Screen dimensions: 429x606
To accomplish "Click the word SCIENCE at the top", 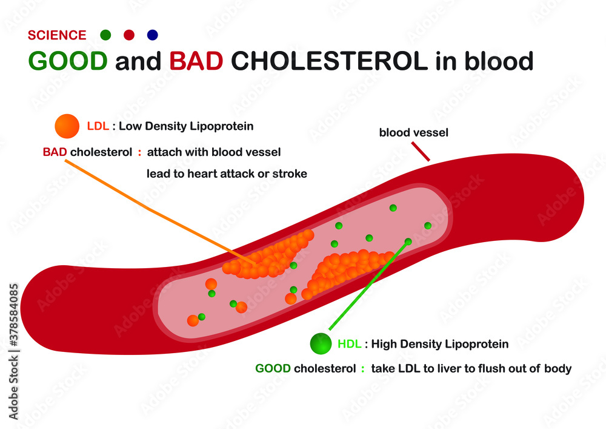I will tap(58, 35).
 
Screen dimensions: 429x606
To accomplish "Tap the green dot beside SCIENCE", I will tap(105, 35).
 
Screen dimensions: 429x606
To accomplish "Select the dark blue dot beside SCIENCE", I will tap(152, 35).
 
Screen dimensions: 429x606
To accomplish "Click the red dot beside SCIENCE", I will tap(128, 35).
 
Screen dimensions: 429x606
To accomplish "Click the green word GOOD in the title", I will tap(67, 61).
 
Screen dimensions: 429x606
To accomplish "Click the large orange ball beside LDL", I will tap(67, 126).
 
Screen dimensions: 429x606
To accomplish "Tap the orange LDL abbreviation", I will tap(98, 126).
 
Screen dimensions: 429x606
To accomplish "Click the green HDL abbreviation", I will tap(350, 344).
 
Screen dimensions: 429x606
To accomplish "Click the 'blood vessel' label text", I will tap(413, 132).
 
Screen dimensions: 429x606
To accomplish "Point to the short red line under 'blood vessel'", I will tap(421, 152).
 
